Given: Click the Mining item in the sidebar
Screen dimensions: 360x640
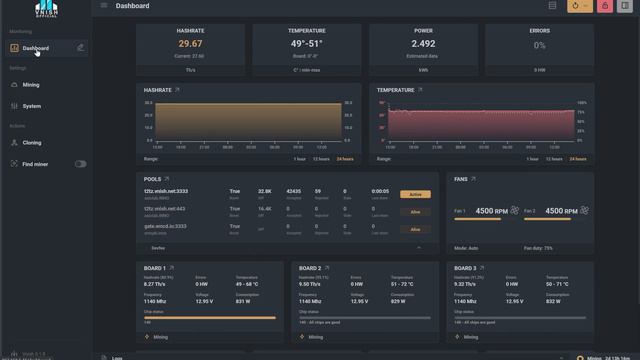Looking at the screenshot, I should [31, 85].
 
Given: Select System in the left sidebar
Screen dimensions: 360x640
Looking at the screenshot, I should [31, 106].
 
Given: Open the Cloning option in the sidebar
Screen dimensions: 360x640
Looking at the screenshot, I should [31, 143].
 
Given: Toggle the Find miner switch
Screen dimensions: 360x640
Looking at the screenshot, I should [80, 164].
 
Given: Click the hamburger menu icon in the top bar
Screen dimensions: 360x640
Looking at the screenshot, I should [104, 6].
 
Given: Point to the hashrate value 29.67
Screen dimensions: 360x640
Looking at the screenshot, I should [190, 44].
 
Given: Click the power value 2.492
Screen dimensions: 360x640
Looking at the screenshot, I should [423, 44].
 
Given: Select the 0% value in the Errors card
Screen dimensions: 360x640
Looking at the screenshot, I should [539, 45].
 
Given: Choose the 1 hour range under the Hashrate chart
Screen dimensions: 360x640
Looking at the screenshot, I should [299, 159].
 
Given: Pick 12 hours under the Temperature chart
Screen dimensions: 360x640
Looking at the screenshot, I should [554, 159].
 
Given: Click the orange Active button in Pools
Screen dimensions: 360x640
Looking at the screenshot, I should [415, 194].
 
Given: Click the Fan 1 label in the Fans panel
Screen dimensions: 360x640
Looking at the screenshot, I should [460, 211].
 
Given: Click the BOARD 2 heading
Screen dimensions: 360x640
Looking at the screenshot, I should [309, 268].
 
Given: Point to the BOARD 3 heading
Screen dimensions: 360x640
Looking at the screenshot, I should [465, 268].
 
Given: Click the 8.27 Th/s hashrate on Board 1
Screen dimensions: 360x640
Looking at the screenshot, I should [155, 285].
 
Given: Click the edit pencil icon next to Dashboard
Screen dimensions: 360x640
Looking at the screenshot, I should [80, 47].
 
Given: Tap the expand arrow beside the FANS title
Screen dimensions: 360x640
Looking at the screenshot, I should [475, 179].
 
